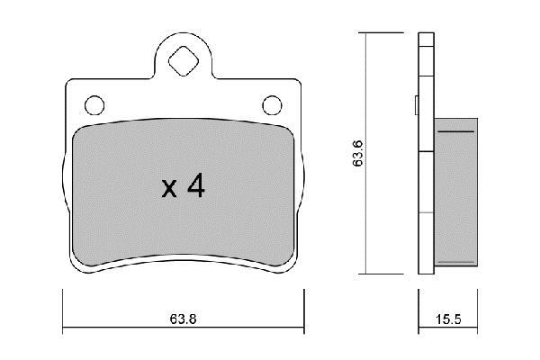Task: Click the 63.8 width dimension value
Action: (183, 319)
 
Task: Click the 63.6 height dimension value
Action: (358, 153)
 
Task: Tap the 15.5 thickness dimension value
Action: (448, 319)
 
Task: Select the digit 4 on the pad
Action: (196, 185)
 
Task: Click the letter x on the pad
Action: (169, 189)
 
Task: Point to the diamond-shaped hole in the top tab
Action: (184, 61)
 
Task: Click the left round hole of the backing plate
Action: (94, 105)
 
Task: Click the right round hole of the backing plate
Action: (272, 105)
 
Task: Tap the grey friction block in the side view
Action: (455, 192)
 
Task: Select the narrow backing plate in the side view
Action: (426, 153)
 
